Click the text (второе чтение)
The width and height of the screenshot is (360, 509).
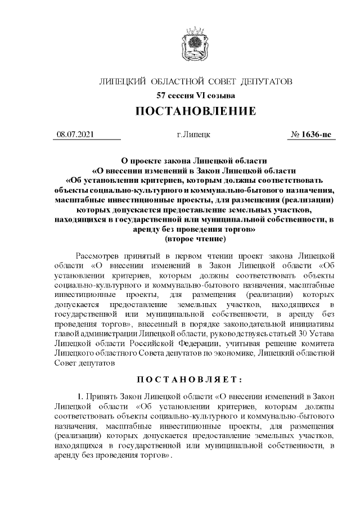tap(195, 239)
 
